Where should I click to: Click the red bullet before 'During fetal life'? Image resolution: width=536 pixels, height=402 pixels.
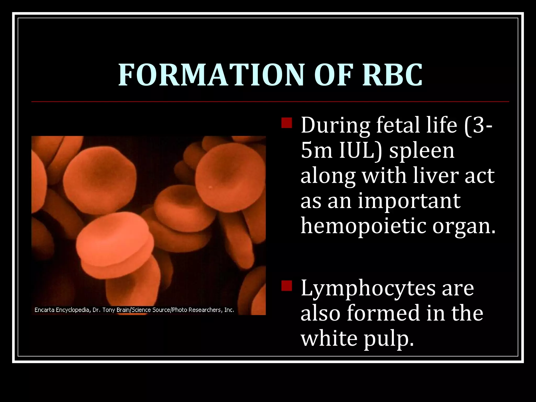point(287,123)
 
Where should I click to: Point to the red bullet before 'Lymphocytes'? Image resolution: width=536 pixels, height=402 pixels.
point(287,286)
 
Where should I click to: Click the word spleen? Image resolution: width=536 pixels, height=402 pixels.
point(422,151)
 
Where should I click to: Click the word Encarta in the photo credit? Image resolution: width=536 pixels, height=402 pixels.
point(44,310)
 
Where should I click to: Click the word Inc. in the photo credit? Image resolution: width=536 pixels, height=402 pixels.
point(229,310)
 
